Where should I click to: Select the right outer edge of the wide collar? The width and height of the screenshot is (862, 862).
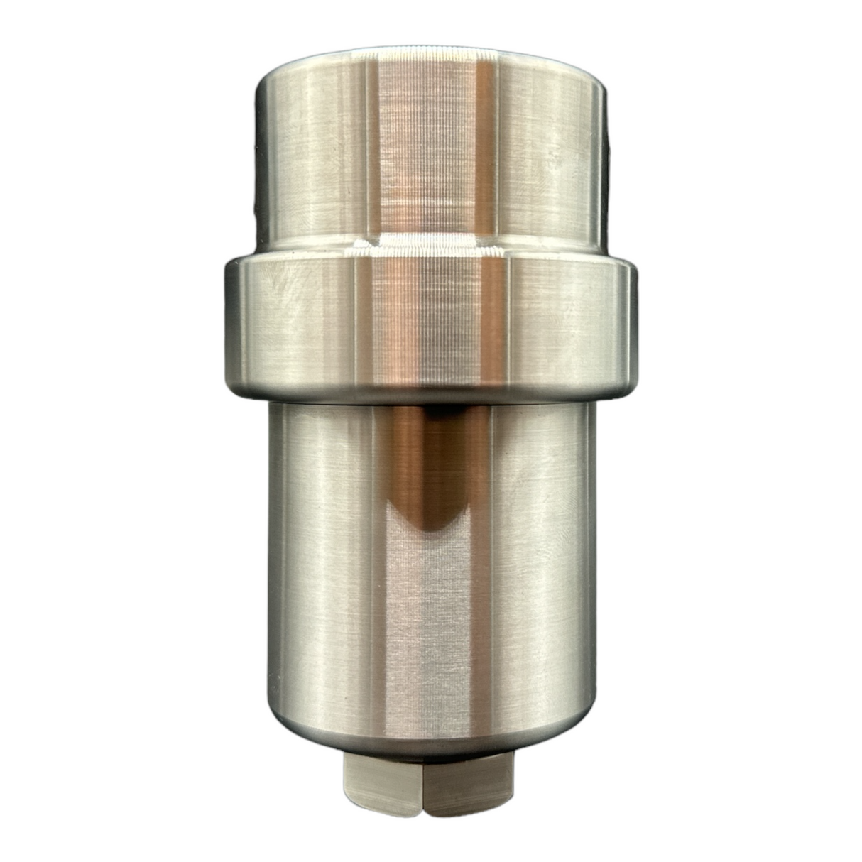tap(632, 327)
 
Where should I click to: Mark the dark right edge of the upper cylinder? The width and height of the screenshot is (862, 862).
tap(605, 156)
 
